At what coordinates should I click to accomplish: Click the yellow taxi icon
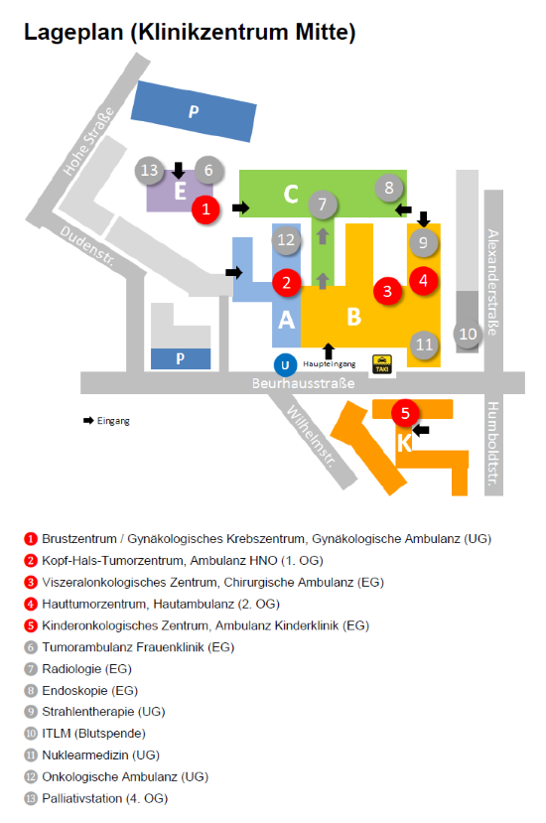381,363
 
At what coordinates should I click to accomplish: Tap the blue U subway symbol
285,365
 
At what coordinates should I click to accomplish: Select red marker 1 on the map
205,209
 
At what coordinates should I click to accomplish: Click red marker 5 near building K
405,413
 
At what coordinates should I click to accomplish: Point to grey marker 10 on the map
468,334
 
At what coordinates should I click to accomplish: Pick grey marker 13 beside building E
149,170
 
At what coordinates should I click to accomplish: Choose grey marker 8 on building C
388,188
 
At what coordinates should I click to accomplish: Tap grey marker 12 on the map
286,240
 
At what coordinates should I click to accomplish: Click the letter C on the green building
291,194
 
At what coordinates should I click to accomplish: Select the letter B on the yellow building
354,317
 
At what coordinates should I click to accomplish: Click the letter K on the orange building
404,443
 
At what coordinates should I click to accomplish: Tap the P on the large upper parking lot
194,111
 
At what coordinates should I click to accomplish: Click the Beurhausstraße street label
304,383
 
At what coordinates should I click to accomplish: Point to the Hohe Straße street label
88,141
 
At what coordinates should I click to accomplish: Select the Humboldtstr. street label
492,444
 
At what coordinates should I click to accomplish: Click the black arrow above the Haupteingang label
329,351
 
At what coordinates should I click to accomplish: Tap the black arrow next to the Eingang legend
88,420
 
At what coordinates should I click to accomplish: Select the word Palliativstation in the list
81,798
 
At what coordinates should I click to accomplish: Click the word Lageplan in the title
73,33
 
